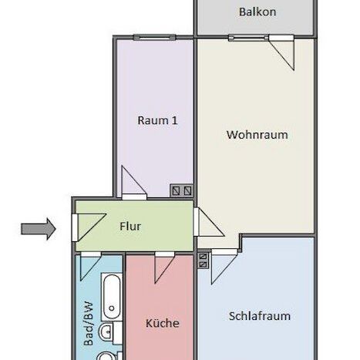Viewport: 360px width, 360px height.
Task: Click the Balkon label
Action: tap(257, 12)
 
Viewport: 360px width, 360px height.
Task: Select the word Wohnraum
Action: tap(257, 134)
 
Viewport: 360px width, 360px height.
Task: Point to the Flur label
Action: tap(130, 227)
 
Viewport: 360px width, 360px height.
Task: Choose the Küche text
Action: tap(162, 323)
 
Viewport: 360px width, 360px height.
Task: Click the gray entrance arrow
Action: tap(38, 228)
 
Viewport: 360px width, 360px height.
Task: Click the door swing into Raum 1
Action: tap(131, 181)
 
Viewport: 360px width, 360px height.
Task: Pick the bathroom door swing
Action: tap(90, 266)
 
